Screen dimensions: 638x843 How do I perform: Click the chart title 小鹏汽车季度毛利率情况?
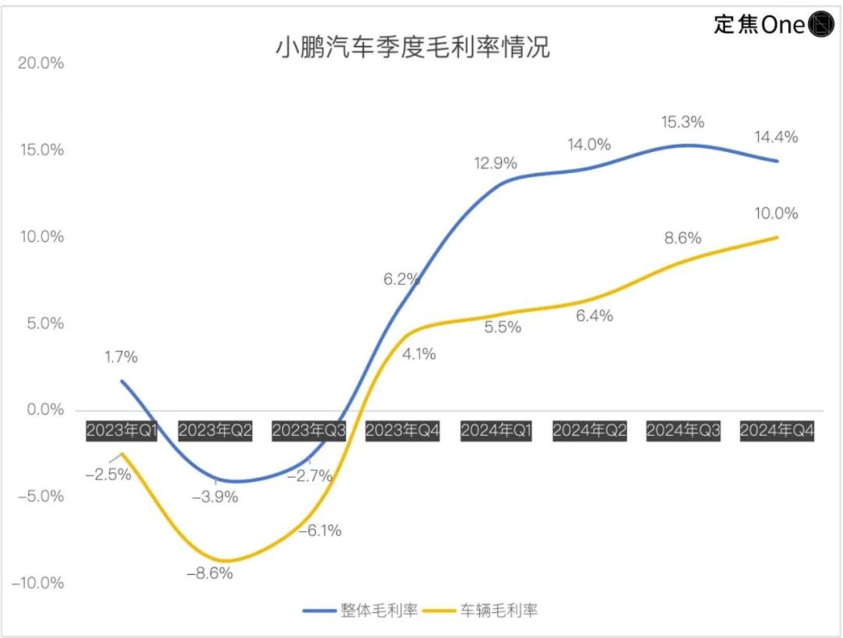412,47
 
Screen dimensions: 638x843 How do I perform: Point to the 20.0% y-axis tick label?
40,63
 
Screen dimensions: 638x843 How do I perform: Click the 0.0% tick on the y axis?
45,410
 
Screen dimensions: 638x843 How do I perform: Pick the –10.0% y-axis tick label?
38,583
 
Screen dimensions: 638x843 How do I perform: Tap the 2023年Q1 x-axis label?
122,431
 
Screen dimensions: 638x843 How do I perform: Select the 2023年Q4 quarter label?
402,431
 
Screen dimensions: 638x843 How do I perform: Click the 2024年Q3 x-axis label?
683,431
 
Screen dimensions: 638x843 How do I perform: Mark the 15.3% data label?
682,122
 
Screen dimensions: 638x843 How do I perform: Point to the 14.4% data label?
776,137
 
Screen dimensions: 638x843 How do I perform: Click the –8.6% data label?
210,574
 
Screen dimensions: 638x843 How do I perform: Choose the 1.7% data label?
121,357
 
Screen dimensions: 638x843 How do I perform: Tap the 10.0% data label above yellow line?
776,214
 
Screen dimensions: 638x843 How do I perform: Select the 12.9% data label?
495,163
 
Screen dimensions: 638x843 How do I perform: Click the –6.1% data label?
320,531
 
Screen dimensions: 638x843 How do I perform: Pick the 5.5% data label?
503,327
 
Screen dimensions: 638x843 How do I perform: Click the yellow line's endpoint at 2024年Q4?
777,237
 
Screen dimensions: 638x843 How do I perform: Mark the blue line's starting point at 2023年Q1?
122,381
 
